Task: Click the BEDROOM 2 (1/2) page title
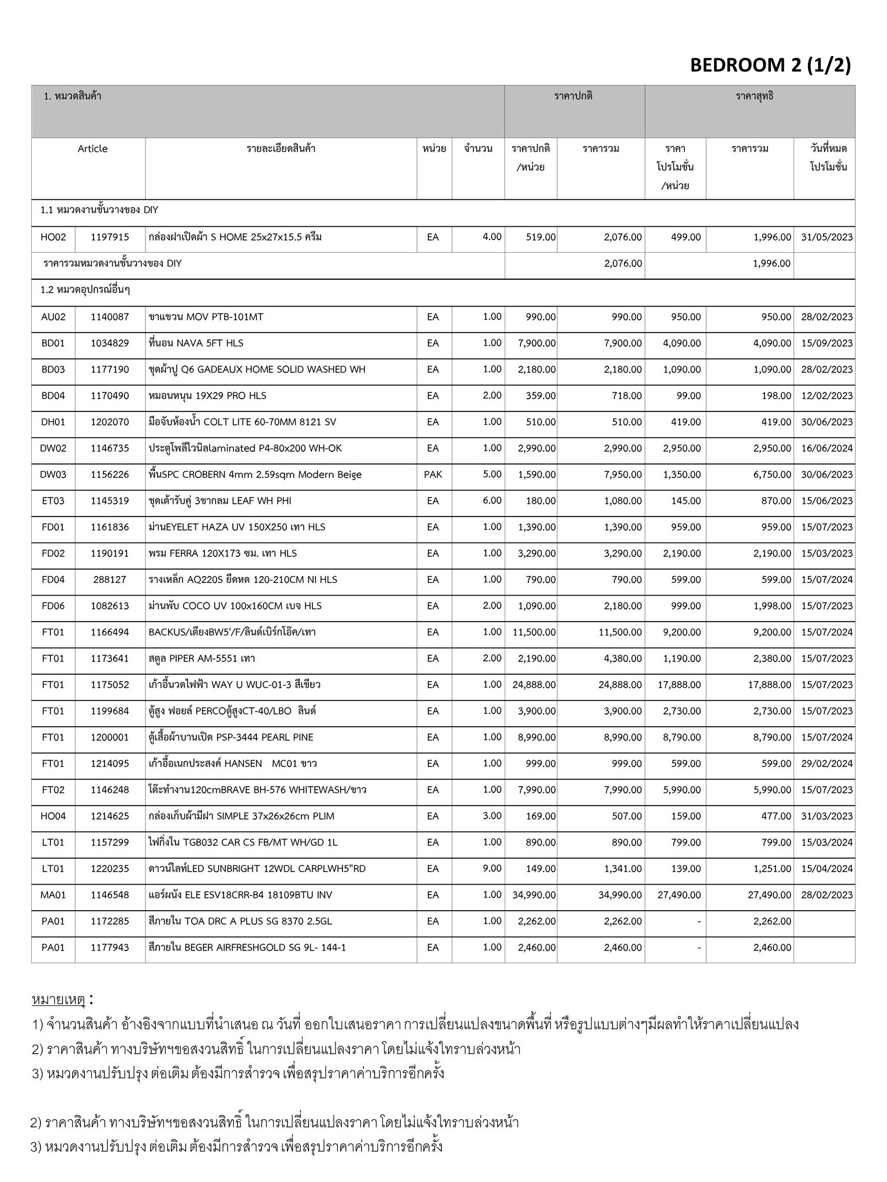coord(770,65)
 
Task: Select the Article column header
coord(92,149)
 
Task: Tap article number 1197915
coord(110,237)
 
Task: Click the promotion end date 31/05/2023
coord(826,237)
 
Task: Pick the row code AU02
coord(53,317)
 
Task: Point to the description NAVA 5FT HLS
coord(196,343)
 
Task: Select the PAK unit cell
coord(433,474)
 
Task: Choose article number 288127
coord(110,579)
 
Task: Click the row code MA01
coord(53,895)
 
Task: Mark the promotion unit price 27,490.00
coord(679,895)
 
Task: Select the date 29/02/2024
coord(826,764)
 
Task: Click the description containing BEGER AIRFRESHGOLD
coord(247,948)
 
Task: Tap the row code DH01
coord(53,422)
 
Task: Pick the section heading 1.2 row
coord(85,290)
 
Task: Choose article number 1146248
coord(110,790)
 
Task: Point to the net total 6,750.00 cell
coord(772,474)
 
